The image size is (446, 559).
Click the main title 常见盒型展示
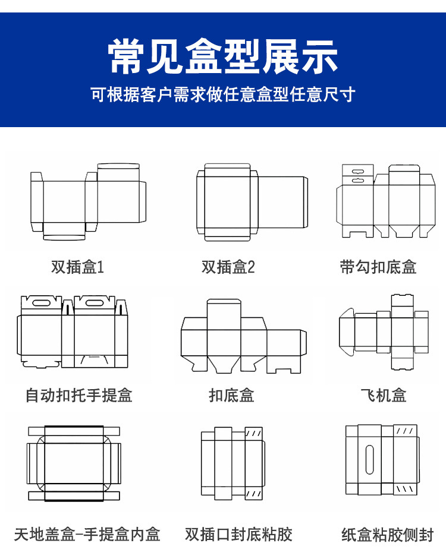(x=223, y=58)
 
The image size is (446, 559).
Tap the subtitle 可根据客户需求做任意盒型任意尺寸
(x=223, y=94)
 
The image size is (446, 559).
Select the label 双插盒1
(x=77, y=267)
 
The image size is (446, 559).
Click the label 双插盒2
(x=228, y=267)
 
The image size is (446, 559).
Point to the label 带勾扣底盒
(x=378, y=267)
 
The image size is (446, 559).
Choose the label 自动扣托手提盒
(x=78, y=395)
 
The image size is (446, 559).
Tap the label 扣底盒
(x=231, y=395)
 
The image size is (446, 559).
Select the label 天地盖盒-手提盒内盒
(x=87, y=534)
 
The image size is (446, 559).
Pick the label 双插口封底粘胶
(x=238, y=534)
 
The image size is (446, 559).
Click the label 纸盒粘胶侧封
(x=388, y=534)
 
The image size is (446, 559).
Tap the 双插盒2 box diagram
(x=253, y=202)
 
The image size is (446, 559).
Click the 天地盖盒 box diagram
(x=74, y=463)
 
